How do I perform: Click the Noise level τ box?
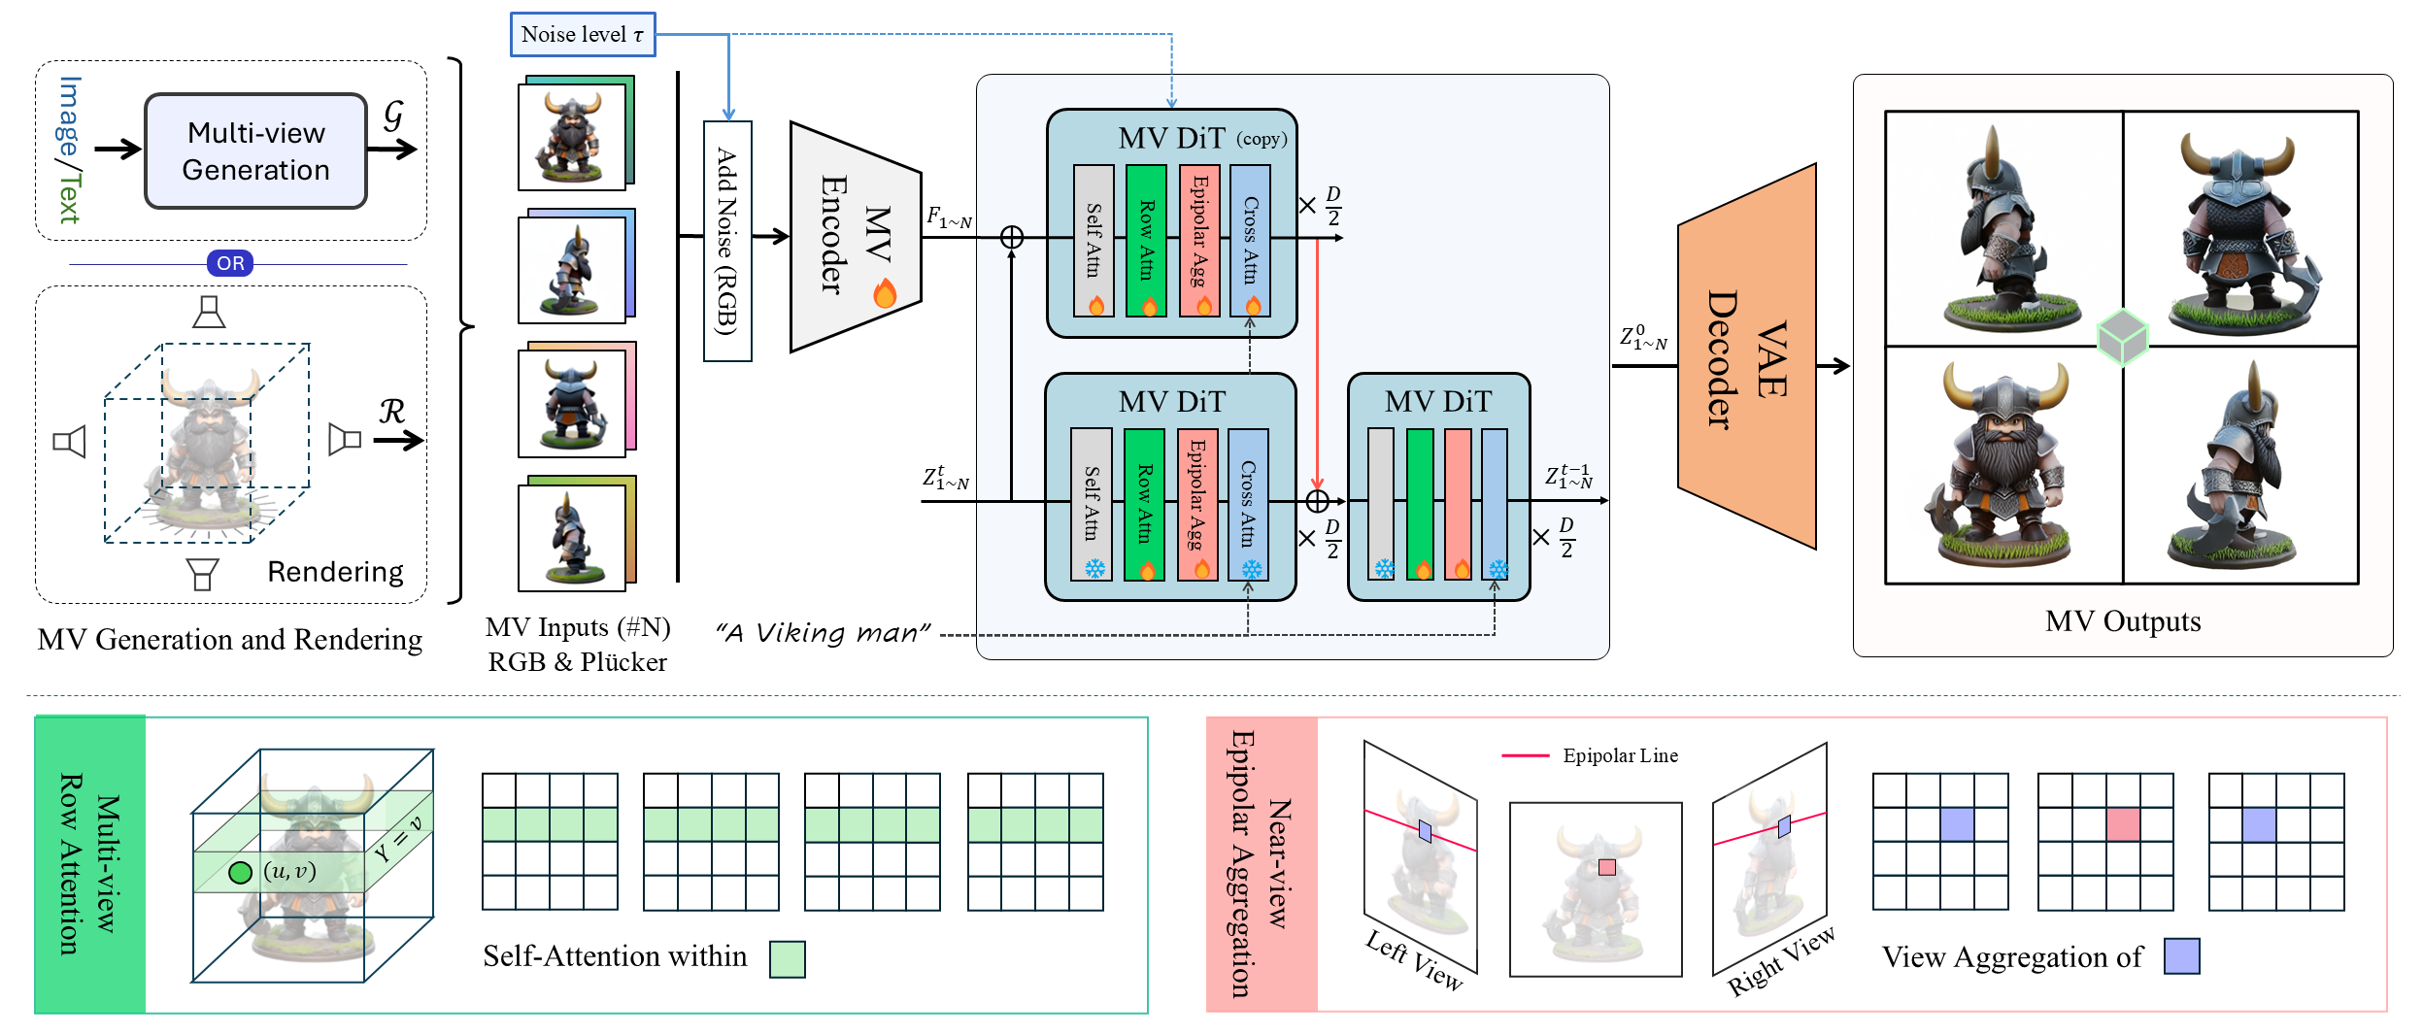582,35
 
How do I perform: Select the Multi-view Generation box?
255,151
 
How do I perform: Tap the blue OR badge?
230,263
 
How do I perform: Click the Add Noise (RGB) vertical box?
726,241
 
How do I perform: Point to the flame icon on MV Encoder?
885,292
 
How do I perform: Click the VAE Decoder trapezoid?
1746,357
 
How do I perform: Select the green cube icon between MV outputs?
2122,338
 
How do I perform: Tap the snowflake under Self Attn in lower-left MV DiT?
1094,568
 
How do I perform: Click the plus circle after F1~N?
1012,237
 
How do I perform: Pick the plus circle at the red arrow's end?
1317,501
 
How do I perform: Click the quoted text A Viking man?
824,633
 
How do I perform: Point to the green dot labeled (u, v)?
240,872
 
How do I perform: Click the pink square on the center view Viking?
1606,867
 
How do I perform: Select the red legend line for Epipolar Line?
1525,755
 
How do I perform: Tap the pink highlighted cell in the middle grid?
2123,825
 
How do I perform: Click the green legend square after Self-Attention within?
787,958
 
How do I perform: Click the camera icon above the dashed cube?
209,312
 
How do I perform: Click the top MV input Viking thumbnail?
571,136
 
